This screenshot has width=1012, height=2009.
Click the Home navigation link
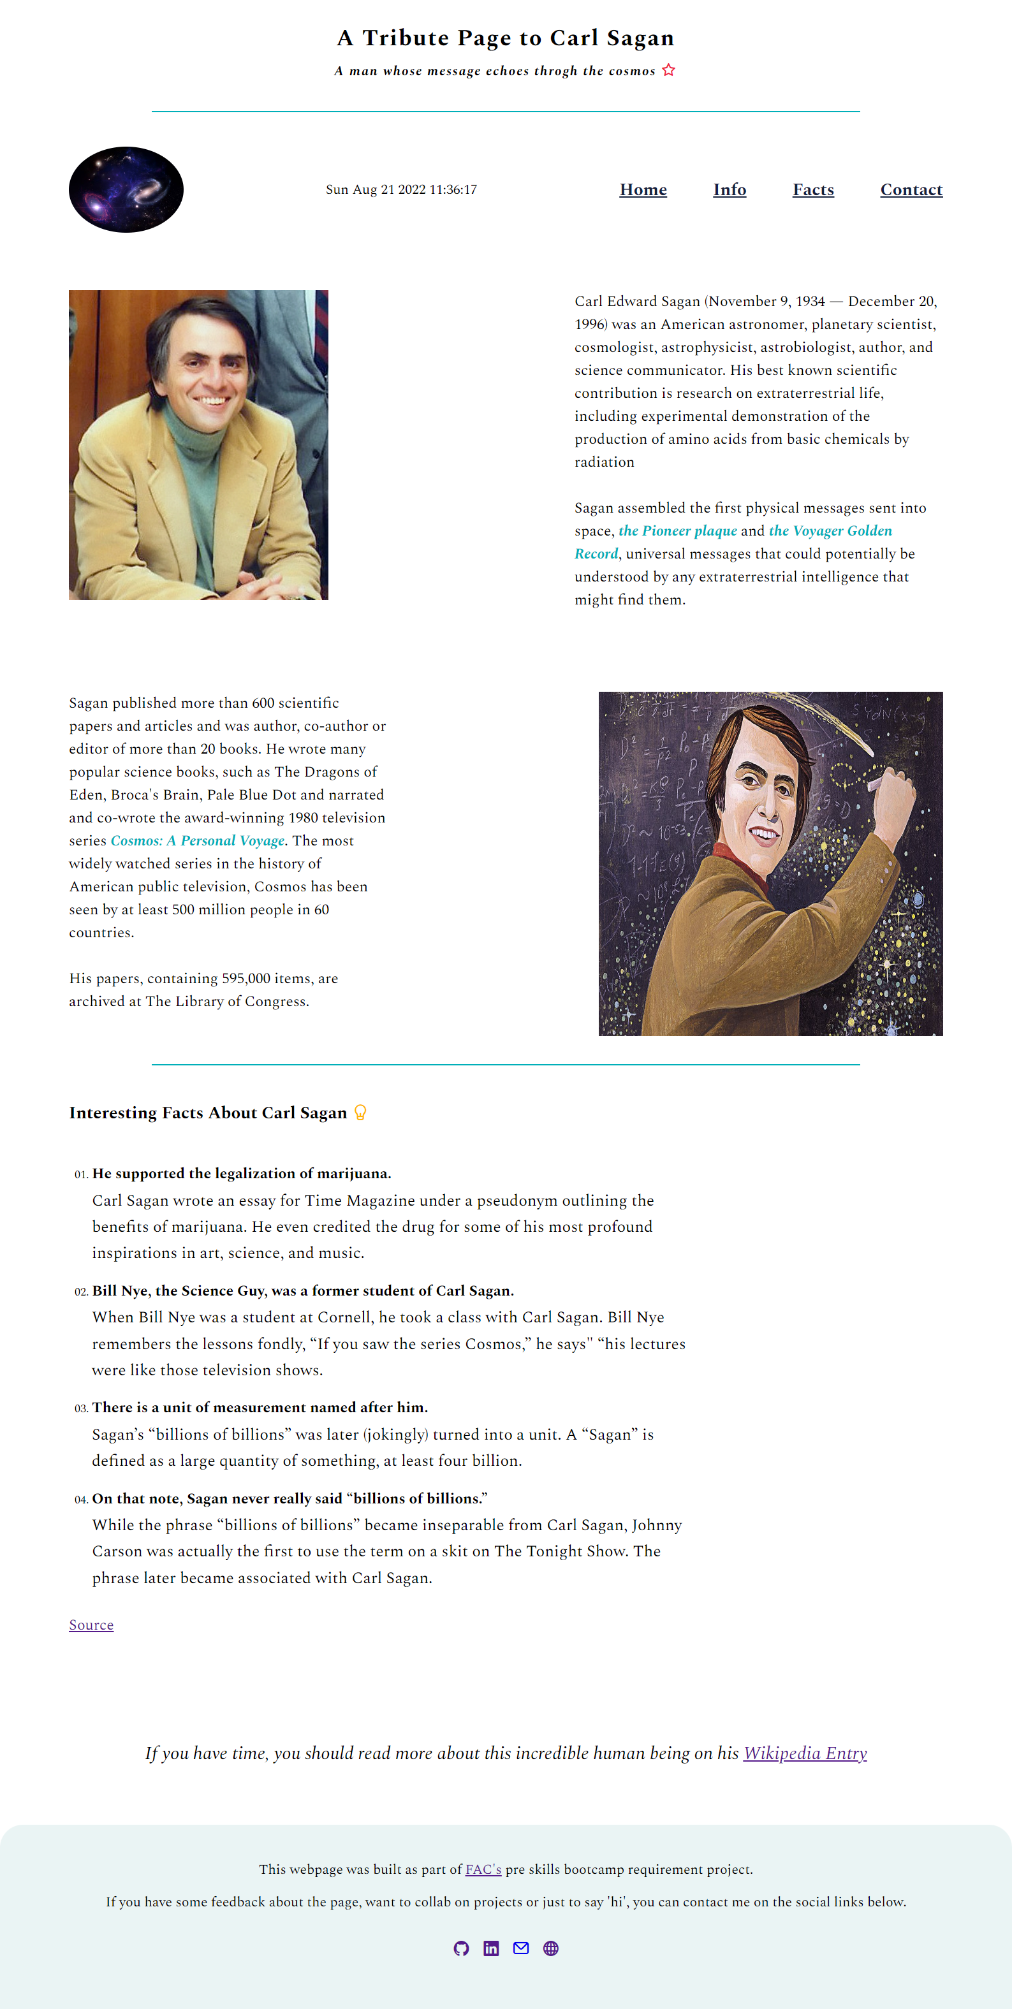point(643,189)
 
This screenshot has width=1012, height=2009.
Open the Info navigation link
point(730,189)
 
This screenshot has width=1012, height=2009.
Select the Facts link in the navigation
point(813,189)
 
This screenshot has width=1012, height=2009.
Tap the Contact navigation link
point(911,189)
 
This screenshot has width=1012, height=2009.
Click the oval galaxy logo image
point(126,189)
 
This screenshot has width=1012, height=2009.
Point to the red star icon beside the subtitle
point(669,70)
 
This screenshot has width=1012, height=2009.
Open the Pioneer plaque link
point(677,531)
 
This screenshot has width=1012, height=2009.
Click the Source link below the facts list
point(91,1625)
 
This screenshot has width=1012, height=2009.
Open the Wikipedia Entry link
point(805,1753)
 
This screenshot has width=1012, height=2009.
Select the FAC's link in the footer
point(483,1869)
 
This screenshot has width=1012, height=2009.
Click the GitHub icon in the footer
point(461,1948)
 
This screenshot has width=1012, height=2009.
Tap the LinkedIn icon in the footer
point(491,1948)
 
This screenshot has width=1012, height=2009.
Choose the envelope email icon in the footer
point(520,1948)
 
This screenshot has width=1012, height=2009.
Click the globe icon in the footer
point(551,1948)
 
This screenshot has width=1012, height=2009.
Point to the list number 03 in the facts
point(81,1408)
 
